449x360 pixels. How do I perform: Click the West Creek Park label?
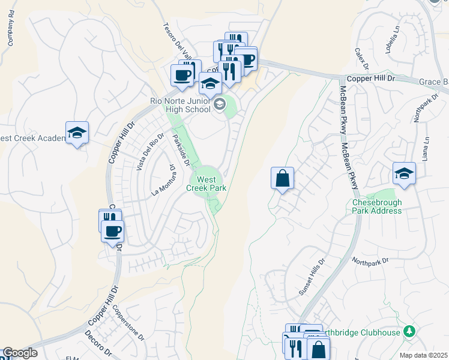coord(206,184)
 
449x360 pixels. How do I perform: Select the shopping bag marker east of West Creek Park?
coord(282,178)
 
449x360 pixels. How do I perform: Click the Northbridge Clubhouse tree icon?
coord(409,331)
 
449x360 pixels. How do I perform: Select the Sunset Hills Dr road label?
coord(311,278)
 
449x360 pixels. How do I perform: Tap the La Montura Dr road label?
coord(163,181)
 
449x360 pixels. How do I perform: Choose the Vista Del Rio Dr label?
coord(149,152)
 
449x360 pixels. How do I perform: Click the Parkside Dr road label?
coord(181,151)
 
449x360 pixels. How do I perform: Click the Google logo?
coord(20,353)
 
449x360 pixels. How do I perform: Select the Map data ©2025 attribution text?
coord(424,355)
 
